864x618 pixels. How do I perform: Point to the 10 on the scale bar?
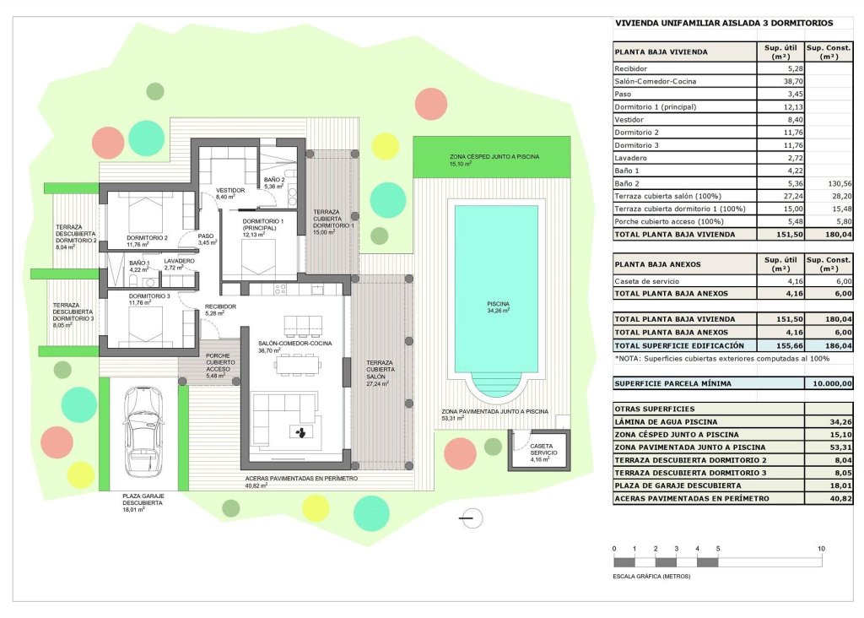[x=821, y=549]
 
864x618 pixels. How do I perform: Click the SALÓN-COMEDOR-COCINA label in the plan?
[x=294, y=344]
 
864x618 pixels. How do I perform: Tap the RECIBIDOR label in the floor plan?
[x=220, y=306]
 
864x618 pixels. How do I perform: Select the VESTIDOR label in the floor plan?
[x=230, y=191]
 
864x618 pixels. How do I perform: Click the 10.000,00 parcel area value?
[x=830, y=383]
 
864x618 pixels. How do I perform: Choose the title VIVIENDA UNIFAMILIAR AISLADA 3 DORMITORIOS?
[x=723, y=24]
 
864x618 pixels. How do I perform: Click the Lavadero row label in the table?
[x=633, y=158]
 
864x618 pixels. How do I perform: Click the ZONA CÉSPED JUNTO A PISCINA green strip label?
[x=494, y=157]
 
